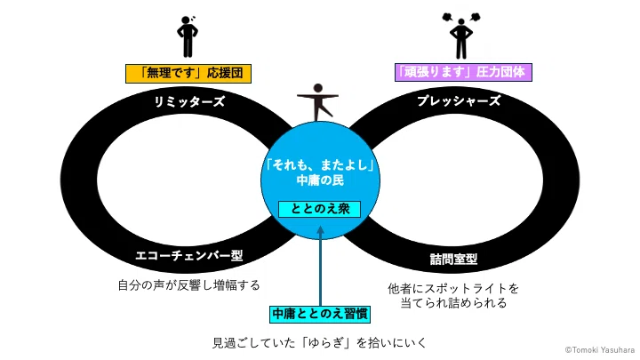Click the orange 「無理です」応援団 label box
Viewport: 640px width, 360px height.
[x=188, y=74]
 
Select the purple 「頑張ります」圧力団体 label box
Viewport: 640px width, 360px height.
[x=463, y=72]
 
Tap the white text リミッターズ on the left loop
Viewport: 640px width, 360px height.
[x=189, y=101]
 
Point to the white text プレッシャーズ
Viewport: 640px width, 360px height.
[x=459, y=100]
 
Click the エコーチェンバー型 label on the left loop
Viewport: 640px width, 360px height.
[x=189, y=255]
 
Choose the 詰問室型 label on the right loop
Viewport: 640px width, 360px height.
[x=454, y=259]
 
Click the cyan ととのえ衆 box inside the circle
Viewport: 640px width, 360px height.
[x=320, y=210]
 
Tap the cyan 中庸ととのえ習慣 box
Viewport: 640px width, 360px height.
[x=320, y=314]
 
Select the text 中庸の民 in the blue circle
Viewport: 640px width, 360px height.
[x=320, y=180]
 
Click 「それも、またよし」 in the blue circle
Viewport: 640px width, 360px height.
[x=320, y=165]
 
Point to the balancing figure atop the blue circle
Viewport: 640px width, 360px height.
[x=317, y=102]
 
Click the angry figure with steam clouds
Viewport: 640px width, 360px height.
[x=461, y=36]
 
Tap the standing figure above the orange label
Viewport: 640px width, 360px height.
[x=188, y=36]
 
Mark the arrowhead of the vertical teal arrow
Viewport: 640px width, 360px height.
[x=320, y=230]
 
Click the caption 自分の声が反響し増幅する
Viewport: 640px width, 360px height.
[x=189, y=285]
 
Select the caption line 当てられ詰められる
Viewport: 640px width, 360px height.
[x=453, y=303]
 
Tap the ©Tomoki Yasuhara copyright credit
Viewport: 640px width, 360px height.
[x=600, y=350]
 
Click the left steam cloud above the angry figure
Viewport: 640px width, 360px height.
[x=447, y=17]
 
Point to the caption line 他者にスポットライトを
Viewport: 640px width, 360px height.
[x=453, y=289]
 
